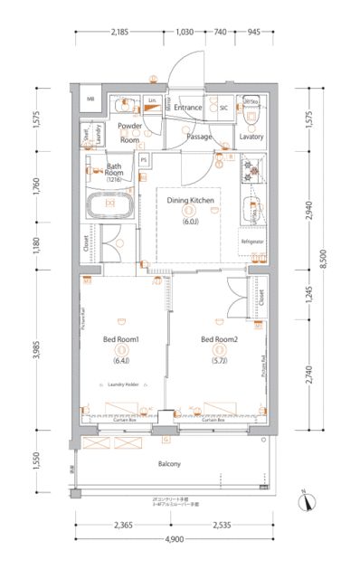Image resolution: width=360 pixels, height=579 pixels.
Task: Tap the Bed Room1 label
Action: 120,339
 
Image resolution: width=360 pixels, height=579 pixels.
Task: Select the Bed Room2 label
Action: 219,339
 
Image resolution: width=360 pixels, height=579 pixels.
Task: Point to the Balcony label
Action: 168,464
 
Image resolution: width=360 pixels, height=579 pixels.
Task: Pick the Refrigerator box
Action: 251,242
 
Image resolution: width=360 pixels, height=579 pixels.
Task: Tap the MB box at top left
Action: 91,99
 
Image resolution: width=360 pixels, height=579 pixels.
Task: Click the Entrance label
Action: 188,108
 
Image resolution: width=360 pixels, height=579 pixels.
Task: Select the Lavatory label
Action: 251,137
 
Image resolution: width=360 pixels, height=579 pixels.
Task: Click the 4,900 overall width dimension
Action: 174,539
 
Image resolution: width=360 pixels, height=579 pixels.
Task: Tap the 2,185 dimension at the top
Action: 120,33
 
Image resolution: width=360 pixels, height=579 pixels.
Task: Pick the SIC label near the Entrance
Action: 223,108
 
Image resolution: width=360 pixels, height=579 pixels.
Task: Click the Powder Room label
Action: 130,134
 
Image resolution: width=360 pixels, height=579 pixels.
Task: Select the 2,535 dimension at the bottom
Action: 226,524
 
